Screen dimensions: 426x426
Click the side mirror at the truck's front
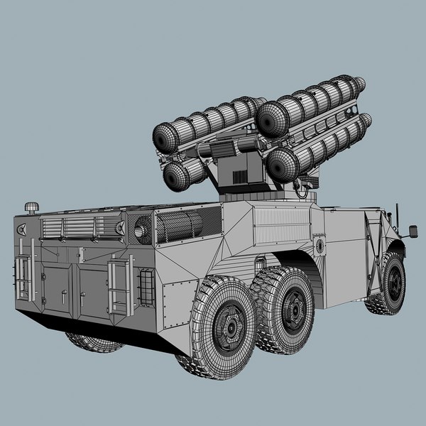coord(413,231)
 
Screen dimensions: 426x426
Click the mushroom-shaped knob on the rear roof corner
coord(31,207)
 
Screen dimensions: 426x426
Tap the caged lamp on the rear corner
coord(146,289)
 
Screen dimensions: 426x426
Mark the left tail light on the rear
coord(21,229)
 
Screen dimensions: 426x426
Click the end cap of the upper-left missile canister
coord(168,135)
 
